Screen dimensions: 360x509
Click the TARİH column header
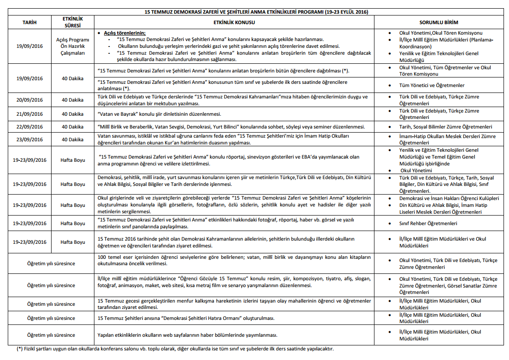pyautogui.click(x=29, y=22)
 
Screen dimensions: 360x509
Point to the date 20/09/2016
pyautogui.click(x=29, y=100)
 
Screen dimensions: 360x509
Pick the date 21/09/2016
pyautogui.click(x=29, y=113)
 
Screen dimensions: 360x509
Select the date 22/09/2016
pyautogui.click(x=29, y=127)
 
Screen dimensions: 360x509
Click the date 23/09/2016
pyautogui.click(x=29, y=139)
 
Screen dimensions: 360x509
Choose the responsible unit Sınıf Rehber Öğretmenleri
pyautogui.click(x=428, y=223)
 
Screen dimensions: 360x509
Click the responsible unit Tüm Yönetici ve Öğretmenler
pyautogui.click(x=432, y=85)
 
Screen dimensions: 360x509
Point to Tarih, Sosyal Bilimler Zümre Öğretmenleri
pyautogui.click(x=446, y=127)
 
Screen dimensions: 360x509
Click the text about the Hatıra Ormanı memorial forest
pyautogui.click(x=186, y=318)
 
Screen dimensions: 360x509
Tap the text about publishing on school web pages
pyautogui.click(x=187, y=335)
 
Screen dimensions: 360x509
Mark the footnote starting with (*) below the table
pyautogui.click(x=175, y=349)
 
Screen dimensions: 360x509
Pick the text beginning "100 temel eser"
pyautogui.click(x=234, y=260)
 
